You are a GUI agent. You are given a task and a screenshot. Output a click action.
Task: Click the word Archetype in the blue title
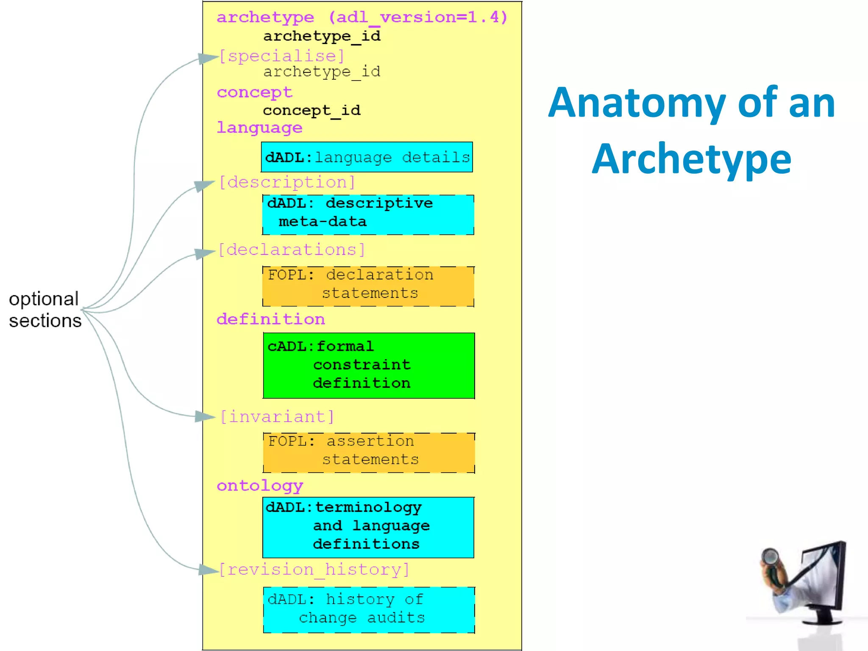coord(691,159)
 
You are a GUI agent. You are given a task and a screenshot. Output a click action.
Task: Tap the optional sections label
coord(45,310)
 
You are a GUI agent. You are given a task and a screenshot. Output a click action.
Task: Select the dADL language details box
coord(367,157)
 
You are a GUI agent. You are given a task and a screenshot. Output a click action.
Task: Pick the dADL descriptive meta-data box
coord(368,214)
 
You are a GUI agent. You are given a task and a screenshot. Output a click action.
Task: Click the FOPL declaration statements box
coord(368,286)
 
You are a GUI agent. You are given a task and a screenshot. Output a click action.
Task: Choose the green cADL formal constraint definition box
coord(368,365)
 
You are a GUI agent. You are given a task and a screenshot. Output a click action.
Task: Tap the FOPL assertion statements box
coord(368,452)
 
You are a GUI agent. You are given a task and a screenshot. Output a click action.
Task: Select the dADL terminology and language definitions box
coord(368,527)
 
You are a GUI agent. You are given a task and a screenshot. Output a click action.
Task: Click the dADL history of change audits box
coord(368,609)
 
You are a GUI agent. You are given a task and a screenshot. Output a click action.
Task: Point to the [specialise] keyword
coord(282,56)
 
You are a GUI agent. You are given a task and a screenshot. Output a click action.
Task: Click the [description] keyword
coord(287,182)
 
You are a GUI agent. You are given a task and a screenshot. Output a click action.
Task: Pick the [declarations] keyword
coord(292,250)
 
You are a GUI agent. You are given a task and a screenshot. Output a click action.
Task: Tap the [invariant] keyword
coord(277,417)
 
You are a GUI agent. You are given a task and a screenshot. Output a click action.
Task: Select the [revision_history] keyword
coord(314,569)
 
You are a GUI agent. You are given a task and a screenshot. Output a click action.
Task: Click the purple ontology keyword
coord(260,485)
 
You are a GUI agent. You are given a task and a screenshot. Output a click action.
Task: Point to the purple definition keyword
coord(270,319)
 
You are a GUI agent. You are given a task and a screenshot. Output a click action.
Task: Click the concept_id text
coord(312,110)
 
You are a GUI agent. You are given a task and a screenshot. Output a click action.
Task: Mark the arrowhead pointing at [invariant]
coord(205,417)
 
